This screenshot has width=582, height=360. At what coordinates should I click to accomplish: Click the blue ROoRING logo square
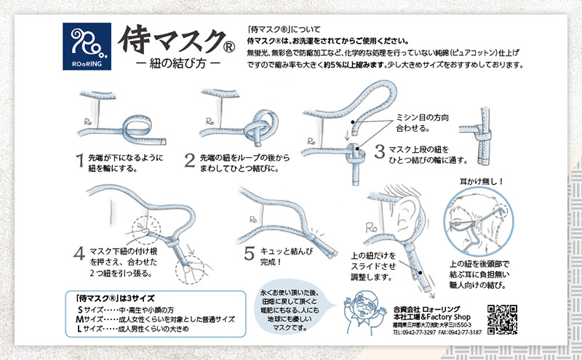click(x=87, y=45)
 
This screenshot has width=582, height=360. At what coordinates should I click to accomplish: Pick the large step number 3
click(x=378, y=152)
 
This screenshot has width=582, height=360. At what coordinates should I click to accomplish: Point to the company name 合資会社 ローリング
click(x=431, y=308)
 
